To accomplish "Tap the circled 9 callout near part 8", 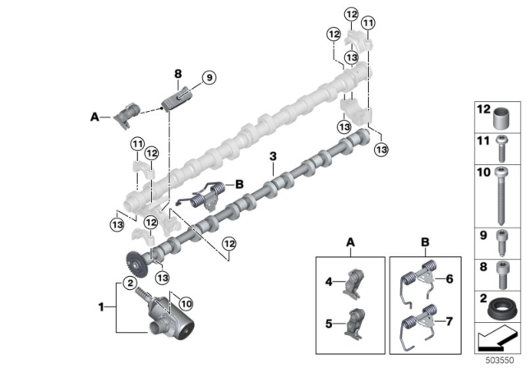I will pyautogui.click(x=208, y=78).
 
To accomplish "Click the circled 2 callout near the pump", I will pyautogui.click(x=129, y=283).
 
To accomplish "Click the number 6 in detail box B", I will pyautogui.click(x=450, y=279).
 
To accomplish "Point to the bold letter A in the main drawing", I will pyautogui.click(x=94, y=117).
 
